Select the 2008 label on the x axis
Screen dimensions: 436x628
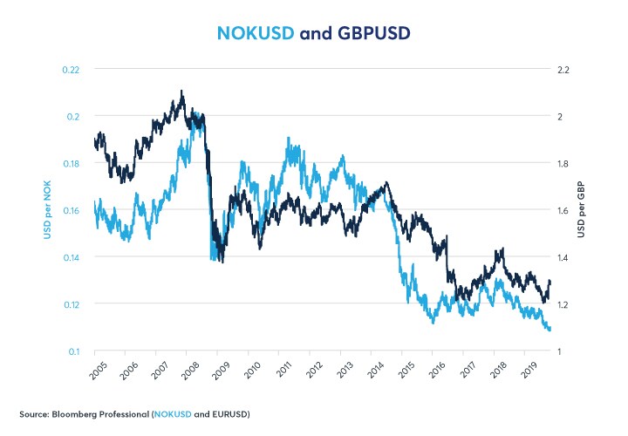pos(189,369)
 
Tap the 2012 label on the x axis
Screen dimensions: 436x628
pos(312,369)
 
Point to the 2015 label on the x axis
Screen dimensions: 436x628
pos(404,369)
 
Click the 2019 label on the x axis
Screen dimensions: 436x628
pos(527,369)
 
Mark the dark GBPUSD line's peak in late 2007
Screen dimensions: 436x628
pos(181,91)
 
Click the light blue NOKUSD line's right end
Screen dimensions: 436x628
pos(549,330)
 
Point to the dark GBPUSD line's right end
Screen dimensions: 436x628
pos(549,281)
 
